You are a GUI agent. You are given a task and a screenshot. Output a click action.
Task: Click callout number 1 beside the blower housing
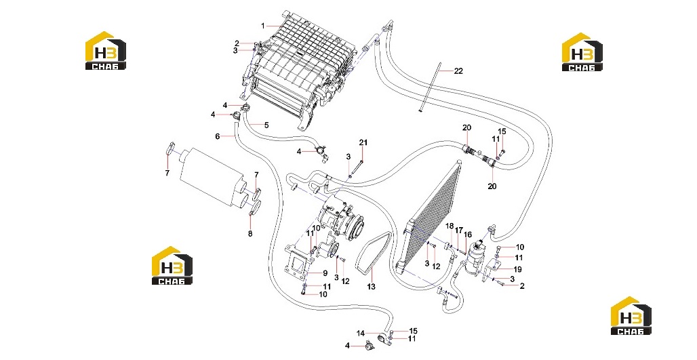tap(262, 26)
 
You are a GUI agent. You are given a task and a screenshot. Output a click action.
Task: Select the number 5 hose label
tap(266, 125)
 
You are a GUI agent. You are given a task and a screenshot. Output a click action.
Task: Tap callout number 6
tap(218, 136)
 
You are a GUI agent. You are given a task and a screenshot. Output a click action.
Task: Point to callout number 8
tap(250, 234)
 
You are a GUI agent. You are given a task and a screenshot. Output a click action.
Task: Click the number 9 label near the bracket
tap(325, 273)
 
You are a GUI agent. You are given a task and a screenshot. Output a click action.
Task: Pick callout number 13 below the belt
tap(371, 287)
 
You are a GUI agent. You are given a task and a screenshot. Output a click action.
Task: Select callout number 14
tap(361, 334)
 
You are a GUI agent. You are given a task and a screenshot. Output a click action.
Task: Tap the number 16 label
tap(468, 235)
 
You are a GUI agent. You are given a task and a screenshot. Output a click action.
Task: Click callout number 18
tap(450, 226)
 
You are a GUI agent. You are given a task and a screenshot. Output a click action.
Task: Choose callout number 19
tap(517, 269)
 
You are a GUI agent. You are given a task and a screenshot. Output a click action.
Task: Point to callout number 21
tap(363, 142)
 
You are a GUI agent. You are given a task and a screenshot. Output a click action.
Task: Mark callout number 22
tap(458, 71)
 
